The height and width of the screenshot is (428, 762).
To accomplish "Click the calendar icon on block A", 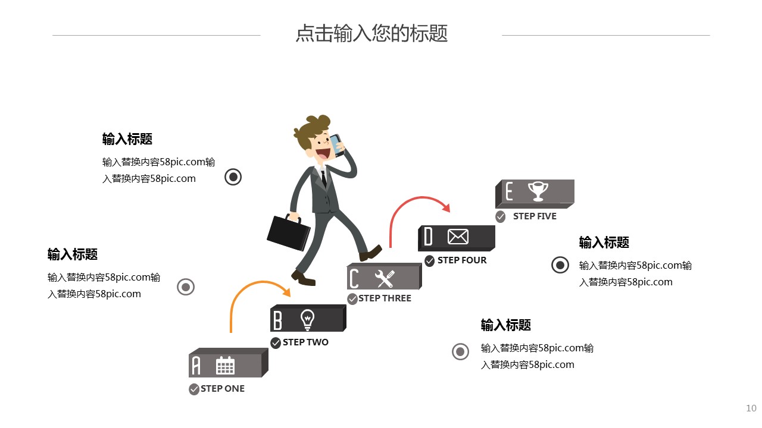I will tap(225, 366).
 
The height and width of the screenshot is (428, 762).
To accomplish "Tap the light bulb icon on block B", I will tap(307, 320).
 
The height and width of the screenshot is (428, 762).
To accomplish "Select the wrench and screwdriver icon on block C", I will tap(385, 278).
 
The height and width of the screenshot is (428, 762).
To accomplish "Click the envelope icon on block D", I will tap(458, 237).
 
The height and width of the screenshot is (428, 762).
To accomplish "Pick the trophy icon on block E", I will tap(538, 191).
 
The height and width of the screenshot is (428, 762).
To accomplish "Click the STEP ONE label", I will tap(223, 389).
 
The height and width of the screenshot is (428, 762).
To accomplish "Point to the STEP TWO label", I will tap(305, 342).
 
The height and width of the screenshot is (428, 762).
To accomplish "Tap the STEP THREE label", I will tap(385, 298).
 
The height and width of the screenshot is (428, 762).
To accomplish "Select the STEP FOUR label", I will tap(462, 260).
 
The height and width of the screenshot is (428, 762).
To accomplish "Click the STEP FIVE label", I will tap(535, 216).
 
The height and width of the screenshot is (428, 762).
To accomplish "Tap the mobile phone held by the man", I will tap(338, 144).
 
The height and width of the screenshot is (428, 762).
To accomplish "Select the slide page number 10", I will tap(751, 408).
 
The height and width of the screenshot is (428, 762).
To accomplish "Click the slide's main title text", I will tap(371, 33).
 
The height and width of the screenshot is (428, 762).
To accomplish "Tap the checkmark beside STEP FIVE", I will tap(501, 217).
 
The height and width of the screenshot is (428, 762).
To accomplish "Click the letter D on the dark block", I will tap(429, 237).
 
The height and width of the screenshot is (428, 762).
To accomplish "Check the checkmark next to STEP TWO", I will tap(276, 343).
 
